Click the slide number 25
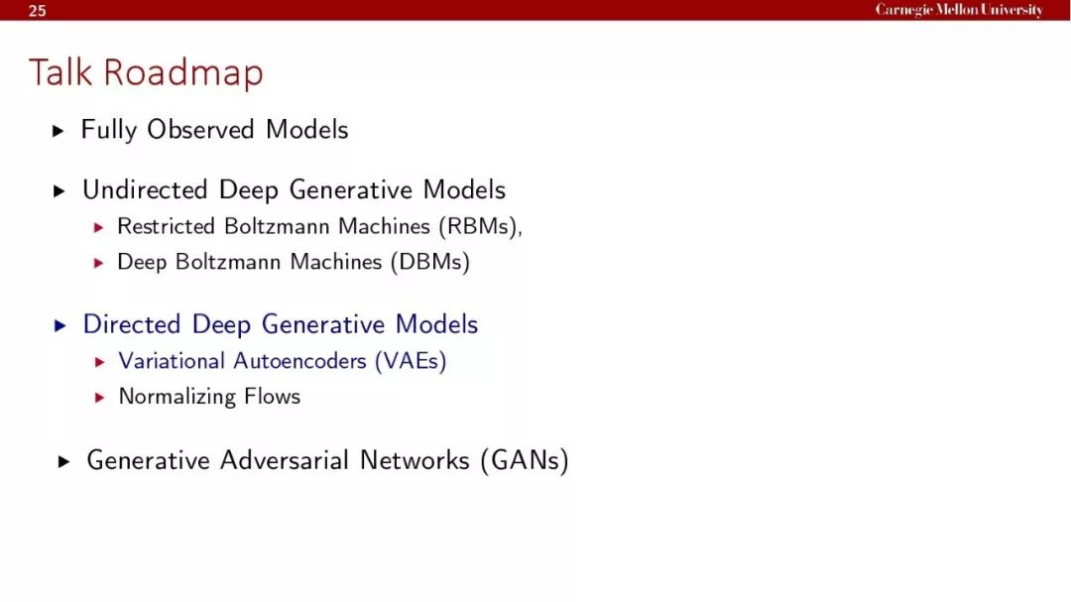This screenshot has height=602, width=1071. coord(38,10)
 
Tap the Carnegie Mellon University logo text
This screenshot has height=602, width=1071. coord(959,10)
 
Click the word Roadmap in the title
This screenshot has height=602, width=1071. coord(183,73)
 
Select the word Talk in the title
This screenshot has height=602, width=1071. coord(60,71)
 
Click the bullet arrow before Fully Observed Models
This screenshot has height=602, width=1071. coord(59,131)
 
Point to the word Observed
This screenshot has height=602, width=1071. coord(200,129)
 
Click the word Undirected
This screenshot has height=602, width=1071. coord(145,189)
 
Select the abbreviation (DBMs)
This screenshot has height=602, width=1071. coord(430,262)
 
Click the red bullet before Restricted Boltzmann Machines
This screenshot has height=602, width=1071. coord(99,227)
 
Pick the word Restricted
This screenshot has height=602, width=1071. coord(166,226)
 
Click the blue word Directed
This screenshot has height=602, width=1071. coord(132,324)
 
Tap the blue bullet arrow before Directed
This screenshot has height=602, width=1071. coord(60,325)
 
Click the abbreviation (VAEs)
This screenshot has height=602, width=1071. coord(411,361)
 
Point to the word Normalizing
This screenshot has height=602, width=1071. coord(177,397)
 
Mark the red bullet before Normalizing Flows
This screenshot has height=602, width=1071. coord(100,397)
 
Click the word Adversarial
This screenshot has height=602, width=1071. coord(285,460)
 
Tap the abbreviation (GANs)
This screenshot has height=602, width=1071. coord(525,460)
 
